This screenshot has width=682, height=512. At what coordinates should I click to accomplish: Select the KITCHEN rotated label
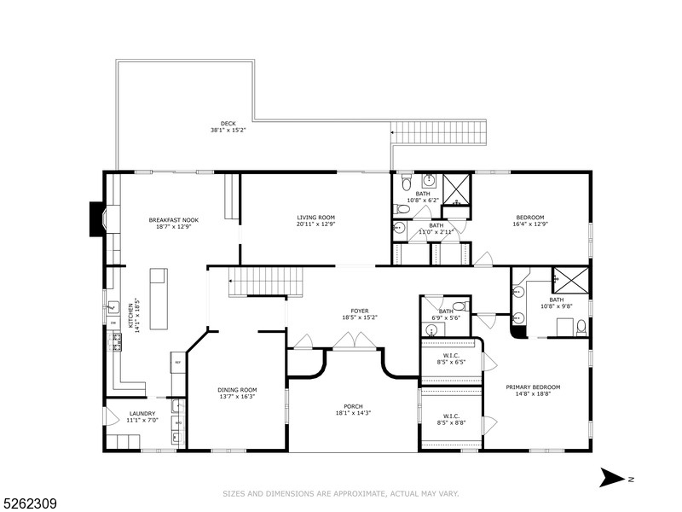(131, 315)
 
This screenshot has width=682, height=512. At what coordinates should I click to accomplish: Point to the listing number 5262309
(30, 504)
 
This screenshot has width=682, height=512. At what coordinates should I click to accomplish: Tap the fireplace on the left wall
(97, 218)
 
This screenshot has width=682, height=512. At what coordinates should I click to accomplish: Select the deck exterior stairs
(438, 132)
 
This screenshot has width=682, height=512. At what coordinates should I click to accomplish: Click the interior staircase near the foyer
(264, 281)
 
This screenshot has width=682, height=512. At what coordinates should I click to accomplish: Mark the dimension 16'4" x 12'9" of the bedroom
(529, 224)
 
